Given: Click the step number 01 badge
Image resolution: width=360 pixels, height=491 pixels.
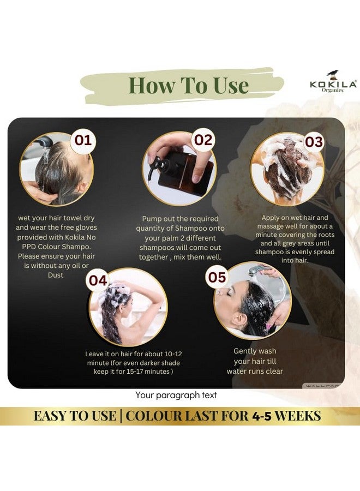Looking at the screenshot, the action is pos(83,141).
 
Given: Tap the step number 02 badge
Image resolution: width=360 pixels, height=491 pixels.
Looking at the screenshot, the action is pos(203,140).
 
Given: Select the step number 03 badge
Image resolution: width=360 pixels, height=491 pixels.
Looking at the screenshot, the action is pos(313,142).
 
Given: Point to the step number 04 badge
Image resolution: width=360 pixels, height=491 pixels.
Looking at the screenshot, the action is pos(98,280).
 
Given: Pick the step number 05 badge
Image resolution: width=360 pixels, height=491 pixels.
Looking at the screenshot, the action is pos(217,277).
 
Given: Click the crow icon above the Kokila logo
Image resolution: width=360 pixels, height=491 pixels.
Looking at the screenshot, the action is pos(333,74).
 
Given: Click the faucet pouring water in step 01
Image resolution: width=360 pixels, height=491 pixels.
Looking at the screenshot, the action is pos(46,143).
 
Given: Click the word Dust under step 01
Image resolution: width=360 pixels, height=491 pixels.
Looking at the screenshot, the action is pos(56,275).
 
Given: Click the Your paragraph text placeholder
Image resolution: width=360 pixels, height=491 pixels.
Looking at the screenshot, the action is pos(176,395).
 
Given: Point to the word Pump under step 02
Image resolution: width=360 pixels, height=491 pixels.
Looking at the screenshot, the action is pos(152,219).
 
